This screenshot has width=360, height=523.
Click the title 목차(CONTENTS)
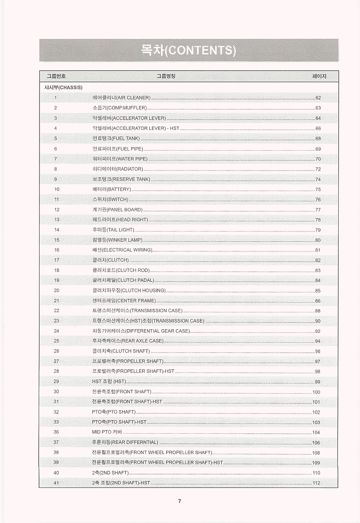[x=188, y=50]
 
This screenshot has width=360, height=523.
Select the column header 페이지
[x=320, y=76]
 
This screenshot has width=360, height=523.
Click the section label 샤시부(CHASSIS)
[x=63, y=87]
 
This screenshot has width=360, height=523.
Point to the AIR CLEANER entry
[x=121, y=97]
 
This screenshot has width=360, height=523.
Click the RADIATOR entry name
[x=118, y=169]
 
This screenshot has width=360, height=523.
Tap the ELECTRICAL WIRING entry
[x=122, y=250]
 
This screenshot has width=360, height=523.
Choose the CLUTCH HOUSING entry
[x=129, y=291]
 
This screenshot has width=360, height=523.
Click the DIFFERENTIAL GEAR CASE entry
[x=141, y=331]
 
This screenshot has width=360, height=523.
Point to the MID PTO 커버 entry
[x=107, y=432]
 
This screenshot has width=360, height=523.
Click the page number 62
[x=318, y=97]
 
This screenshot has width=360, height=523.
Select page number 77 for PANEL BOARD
[x=318, y=210]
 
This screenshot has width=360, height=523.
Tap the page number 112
[x=316, y=483]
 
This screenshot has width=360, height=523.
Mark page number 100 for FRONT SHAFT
[x=316, y=392]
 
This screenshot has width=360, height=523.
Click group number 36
[x=56, y=432]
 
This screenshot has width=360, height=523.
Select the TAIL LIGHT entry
[x=113, y=230]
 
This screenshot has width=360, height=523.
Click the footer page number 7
[x=180, y=501]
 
